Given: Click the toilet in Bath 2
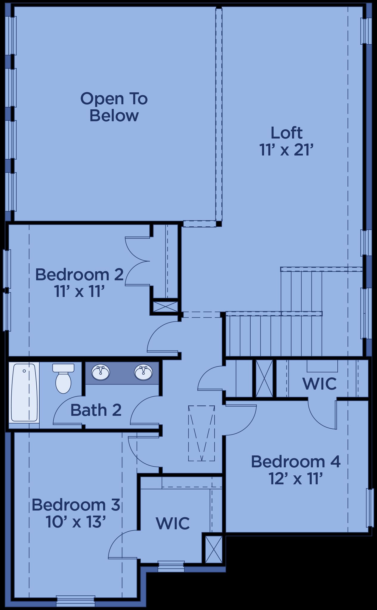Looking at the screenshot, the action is [63, 378].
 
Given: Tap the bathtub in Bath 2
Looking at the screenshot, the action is [24, 392].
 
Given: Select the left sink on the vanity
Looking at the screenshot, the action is [100, 372].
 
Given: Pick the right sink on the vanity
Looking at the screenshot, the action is [143, 372].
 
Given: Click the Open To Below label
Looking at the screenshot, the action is [114, 107].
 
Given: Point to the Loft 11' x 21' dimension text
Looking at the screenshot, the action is [287, 150].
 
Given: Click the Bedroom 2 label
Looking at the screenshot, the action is [79, 274].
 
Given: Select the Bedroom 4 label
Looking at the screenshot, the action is [296, 461].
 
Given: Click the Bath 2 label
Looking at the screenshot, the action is [96, 410].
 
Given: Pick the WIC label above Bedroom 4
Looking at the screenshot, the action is [319, 383].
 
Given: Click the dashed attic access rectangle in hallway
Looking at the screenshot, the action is [201, 433].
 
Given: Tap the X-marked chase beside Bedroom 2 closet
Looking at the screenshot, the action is [165, 306].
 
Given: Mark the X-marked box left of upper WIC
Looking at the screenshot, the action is [264, 378].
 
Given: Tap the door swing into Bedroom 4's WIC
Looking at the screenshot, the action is [322, 413].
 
